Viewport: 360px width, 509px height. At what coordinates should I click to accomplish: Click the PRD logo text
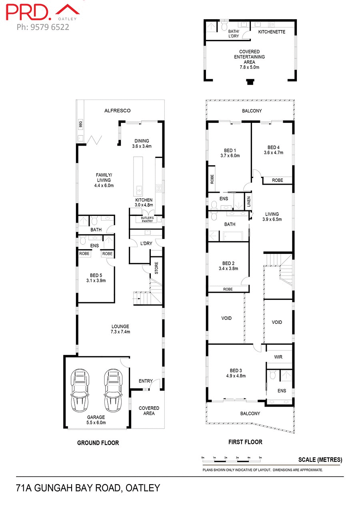28,12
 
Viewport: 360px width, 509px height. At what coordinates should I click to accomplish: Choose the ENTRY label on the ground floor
146,381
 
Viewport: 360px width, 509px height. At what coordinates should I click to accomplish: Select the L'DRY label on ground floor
145,244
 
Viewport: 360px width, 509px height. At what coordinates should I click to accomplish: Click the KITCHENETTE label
272,32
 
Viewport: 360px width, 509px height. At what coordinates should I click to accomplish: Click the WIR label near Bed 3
278,357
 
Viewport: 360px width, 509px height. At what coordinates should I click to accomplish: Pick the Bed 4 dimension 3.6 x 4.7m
273,152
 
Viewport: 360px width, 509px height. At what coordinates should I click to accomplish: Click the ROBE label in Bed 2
228,289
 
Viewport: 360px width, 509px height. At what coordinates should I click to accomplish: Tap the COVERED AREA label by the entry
149,411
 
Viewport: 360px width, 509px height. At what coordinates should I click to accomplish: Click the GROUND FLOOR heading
98,443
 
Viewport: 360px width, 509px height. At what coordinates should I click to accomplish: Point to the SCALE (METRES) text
320,460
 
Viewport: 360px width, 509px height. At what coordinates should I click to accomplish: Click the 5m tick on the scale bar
260,457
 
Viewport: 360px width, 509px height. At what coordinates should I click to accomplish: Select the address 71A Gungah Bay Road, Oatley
88,488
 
